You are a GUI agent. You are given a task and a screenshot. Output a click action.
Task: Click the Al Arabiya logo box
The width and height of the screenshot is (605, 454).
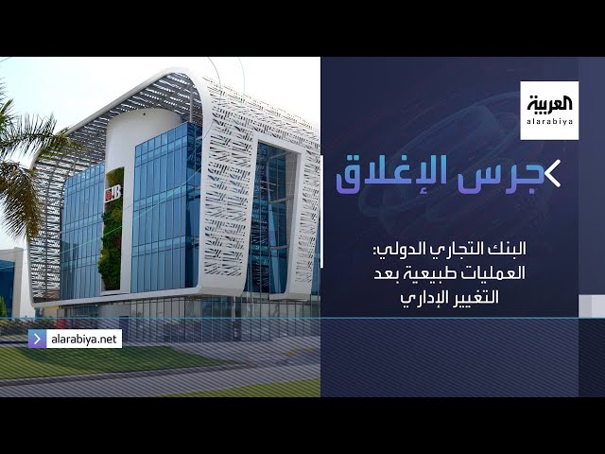click(549, 110)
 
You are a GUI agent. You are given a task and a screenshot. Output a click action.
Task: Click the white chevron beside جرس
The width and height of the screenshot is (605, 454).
click(552, 174)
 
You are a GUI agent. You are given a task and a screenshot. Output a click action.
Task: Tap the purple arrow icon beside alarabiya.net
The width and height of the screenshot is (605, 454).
click(37, 339)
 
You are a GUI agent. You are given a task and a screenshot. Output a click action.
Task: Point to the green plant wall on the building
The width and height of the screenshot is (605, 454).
click(112, 232)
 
